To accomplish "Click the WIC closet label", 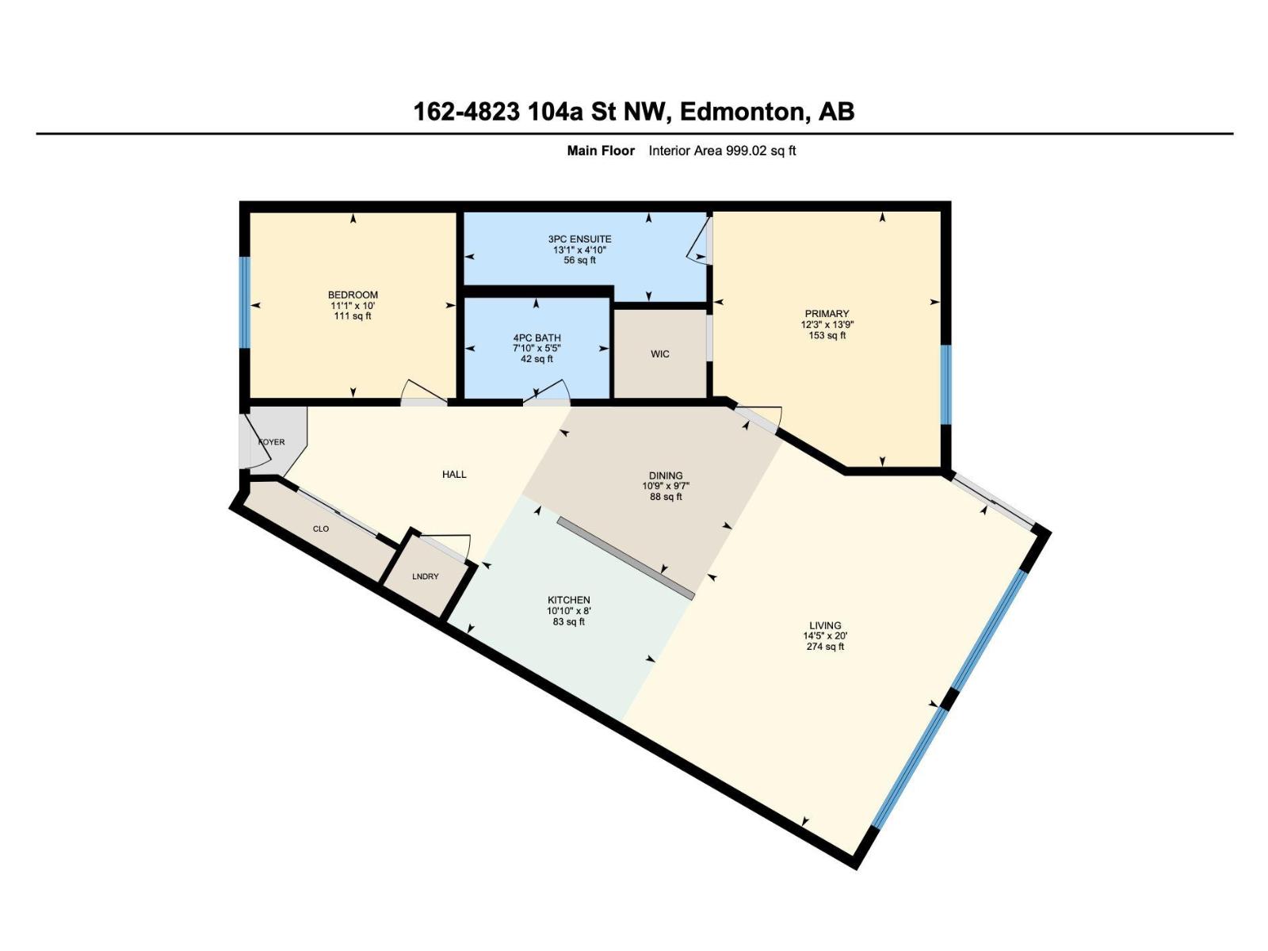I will pyautogui.click(x=660, y=354).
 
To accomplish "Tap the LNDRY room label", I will pyautogui.click(x=426, y=576).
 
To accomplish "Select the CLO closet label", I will pyautogui.click(x=321, y=529).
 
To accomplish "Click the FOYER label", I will pyautogui.click(x=271, y=442).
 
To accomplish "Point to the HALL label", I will pyautogui.click(x=454, y=475).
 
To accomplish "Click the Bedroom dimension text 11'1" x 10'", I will pyautogui.click(x=353, y=306).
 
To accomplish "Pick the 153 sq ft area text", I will pyautogui.click(x=827, y=335).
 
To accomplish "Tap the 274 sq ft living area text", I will pyautogui.click(x=825, y=647).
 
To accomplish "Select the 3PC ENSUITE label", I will pyautogui.click(x=580, y=239).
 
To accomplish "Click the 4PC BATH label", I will pyautogui.click(x=537, y=338).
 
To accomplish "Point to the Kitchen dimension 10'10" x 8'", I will pyautogui.click(x=569, y=611).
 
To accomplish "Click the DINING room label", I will pyautogui.click(x=666, y=476).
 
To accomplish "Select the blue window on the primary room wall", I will pyautogui.click(x=945, y=384).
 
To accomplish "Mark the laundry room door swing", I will pyautogui.click(x=448, y=545).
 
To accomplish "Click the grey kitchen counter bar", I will pyautogui.click(x=625, y=559).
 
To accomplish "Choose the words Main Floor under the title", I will pyautogui.click(x=601, y=151).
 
